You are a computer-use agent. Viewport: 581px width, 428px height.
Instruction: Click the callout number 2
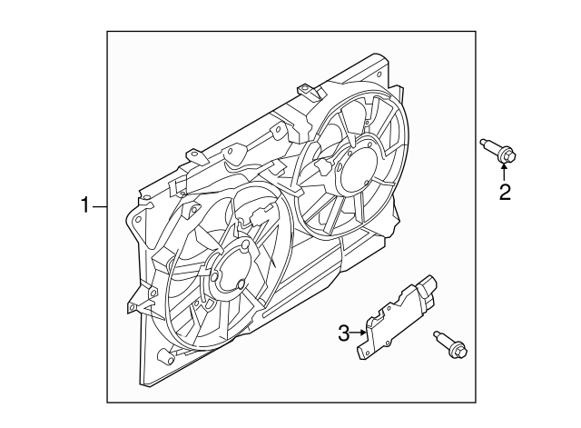pyautogui.click(x=504, y=192)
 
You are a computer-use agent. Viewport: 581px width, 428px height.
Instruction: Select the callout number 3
pyautogui.click(x=345, y=334)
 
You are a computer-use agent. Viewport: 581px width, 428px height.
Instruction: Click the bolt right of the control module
pyautogui.click(x=451, y=344)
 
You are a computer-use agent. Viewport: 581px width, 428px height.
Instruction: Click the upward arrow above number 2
pyautogui.click(x=504, y=173)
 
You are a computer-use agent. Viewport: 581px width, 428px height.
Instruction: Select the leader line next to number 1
pyautogui.click(x=100, y=208)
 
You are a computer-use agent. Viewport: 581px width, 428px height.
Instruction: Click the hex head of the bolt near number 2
pyautogui.click(x=507, y=157)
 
